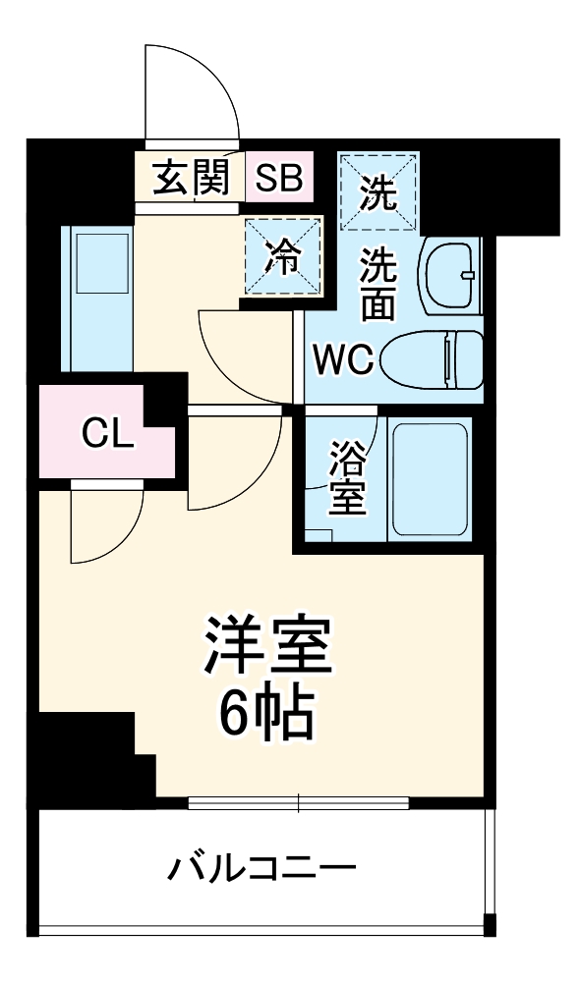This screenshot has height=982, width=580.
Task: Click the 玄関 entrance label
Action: (191, 178)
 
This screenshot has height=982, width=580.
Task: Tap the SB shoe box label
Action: (279, 179)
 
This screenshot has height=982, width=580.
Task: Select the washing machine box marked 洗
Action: (378, 192)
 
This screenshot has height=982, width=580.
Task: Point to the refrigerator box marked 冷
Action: (284, 255)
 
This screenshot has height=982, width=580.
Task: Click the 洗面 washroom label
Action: (377, 285)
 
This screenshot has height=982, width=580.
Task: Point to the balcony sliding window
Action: (298, 802)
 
